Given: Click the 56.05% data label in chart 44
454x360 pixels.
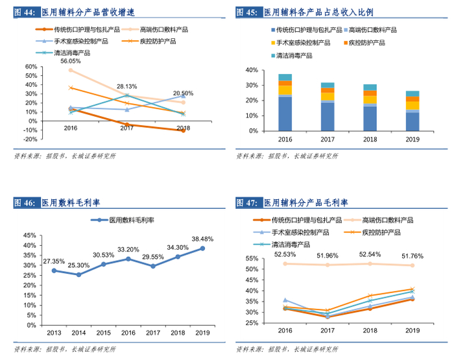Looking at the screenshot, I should (x=71, y=61).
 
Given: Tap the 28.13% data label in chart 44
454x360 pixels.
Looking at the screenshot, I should (x=127, y=86).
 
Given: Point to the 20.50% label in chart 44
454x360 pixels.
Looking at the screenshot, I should (x=183, y=93).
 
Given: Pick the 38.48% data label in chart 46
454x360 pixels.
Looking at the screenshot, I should (x=202, y=239).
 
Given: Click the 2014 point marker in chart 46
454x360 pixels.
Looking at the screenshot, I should (x=78, y=274).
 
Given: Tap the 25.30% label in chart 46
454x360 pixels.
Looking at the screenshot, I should (x=78, y=265).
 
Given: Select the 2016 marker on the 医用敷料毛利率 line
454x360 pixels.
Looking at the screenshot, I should (x=128, y=259).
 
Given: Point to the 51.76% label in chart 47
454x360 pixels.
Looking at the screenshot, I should (x=412, y=256).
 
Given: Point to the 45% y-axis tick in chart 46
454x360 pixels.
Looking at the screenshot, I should (x=29, y=235).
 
